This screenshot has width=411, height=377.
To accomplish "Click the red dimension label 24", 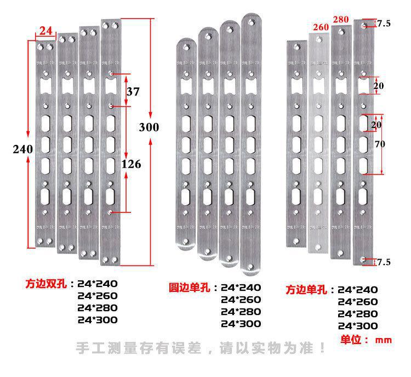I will coord(45,31).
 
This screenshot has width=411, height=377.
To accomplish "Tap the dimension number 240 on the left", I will coord(23,149).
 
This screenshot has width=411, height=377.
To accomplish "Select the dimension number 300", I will coord(149,127).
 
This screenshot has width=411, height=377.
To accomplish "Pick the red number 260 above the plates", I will coord(321,27).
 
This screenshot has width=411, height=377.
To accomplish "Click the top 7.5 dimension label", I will coord(384,22).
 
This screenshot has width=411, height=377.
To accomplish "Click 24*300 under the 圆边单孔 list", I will coord(241,324).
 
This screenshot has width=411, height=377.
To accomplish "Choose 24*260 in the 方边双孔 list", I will coord(98,296).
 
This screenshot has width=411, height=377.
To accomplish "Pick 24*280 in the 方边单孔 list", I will coord(358,314).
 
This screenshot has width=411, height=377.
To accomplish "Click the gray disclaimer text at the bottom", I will coord(201,348).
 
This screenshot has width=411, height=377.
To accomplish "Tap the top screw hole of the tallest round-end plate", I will coord(252,21).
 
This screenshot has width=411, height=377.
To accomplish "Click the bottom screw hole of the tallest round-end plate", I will coord(252,267).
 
